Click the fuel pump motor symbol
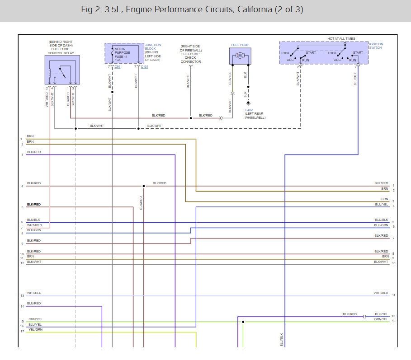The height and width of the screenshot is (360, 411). tap(241, 56)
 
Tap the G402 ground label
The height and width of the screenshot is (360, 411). tap(249, 110)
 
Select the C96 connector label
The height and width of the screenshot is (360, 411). tap(118, 67)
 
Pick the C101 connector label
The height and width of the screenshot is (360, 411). tap(144, 67)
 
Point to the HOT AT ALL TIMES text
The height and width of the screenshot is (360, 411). tap(341, 39)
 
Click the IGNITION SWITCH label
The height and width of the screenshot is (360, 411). tap(376, 46)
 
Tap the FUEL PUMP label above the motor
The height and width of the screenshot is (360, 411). tap(240, 45)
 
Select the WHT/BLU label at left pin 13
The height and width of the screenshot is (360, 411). tap(34, 293)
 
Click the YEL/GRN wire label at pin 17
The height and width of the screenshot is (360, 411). tap(35, 330)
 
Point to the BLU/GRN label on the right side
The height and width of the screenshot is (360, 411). tap(381, 225)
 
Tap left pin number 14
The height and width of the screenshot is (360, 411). tap(22, 307)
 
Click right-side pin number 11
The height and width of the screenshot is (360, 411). tap(394, 295)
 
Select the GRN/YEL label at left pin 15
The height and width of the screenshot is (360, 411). tap(35, 319)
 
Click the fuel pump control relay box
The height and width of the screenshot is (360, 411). tap(62, 70)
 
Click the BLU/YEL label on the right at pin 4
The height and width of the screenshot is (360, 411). tap(381, 204)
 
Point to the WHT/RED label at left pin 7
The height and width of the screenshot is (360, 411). tap(34, 225)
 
